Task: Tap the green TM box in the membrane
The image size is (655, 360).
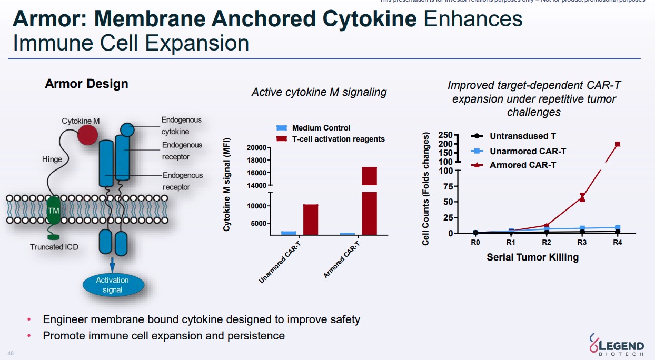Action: [x=54, y=211]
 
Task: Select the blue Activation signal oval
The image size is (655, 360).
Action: [x=113, y=285]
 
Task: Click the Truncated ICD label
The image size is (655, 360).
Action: [x=54, y=247]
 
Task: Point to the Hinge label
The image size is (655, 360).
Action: [x=52, y=159]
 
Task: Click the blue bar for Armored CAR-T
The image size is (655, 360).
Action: [x=348, y=233]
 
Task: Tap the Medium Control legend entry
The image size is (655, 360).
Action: [x=321, y=128]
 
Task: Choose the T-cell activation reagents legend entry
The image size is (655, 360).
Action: [x=338, y=139]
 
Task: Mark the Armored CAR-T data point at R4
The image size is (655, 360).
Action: [x=618, y=144]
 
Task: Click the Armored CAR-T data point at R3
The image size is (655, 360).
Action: [x=582, y=197]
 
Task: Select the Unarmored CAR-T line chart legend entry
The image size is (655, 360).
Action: [x=528, y=151]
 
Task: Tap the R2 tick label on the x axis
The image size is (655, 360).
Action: [x=547, y=243]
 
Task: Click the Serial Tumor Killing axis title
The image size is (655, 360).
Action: [x=532, y=257]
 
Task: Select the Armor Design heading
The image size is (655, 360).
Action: [x=86, y=84]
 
